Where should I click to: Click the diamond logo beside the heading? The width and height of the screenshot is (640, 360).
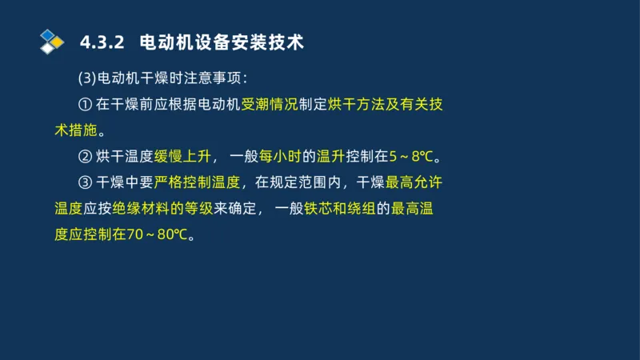pyautogui.click(x=52, y=42)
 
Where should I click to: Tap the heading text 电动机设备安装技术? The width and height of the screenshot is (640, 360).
pyautogui.click(x=221, y=42)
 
